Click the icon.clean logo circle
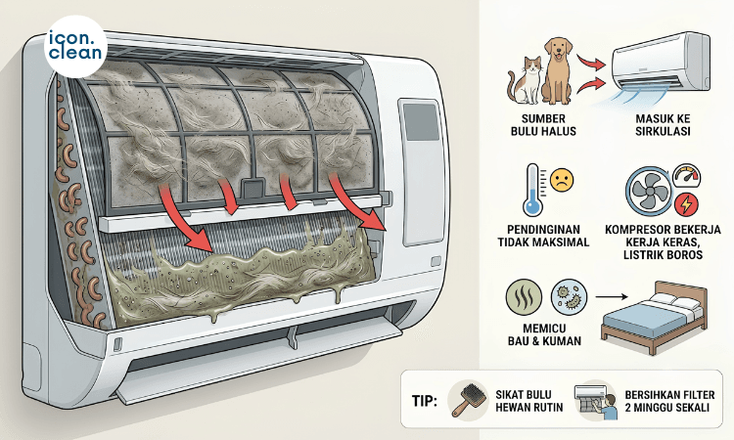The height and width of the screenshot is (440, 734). pyautogui.click(x=76, y=46)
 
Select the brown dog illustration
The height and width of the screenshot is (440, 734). pyautogui.click(x=557, y=71)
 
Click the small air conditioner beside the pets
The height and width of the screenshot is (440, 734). pyautogui.click(x=660, y=64)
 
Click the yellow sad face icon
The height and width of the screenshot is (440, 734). pyautogui.click(x=562, y=180)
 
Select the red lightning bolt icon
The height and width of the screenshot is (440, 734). pyautogui.click(x=687, y=204)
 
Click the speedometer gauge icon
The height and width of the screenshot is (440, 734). pyautogui.click(x=687, y=176)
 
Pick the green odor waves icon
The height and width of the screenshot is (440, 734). pyautogui.click(x=524, y=296)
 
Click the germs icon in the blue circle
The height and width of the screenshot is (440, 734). pyautogui.click(x=569, y=296)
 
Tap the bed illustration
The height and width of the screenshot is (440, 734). pyautogui.click(x=654, y=318)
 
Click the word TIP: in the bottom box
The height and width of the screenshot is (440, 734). pyautogui.click(x=425, y=401)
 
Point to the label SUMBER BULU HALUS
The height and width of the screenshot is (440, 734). pyautogui.click(x=543, y=125)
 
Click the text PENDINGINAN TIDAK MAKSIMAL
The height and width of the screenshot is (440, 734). pyautogui.click(x=543, y=236)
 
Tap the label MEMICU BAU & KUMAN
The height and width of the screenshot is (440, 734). pyautogui.click(x=544, y=334)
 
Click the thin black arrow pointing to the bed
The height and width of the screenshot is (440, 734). pyautogui.click(x=612, y=296)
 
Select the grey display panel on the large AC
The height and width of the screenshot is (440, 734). pyautogui.click(x=422, y=122)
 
